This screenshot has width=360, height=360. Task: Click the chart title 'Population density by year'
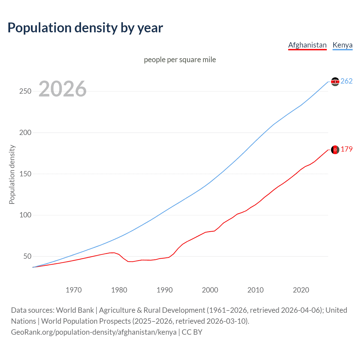(x=85, y=28)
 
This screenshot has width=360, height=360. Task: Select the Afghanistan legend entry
(x=307, y=45)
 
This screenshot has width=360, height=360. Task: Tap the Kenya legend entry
(x=342, y=45)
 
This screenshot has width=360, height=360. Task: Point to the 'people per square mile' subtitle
(x=180, y=60)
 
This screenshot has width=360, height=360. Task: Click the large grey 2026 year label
(x=62, y=89)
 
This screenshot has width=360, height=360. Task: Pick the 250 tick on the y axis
(x=25, y=91)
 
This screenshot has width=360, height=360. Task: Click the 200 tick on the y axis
(x=25, y=132)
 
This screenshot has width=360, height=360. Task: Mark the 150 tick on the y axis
(x=25, y=174)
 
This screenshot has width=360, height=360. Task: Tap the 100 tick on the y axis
(x=25, y=215)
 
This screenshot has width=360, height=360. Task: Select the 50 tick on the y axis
(x=27, y=256)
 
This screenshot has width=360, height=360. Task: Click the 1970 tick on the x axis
(x=74, y=290)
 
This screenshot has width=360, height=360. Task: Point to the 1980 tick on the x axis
(x=119, y=290)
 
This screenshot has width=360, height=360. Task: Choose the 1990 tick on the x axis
(x=165, y=290)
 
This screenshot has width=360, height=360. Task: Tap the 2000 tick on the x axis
(x=210, y=290)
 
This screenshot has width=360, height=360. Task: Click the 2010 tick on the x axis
(x=255, y=290)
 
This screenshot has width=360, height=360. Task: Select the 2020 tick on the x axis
(x=301, y=290)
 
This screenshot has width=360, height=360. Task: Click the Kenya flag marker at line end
(x=335, y=82)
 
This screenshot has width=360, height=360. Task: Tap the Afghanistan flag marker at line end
(x=335, y=150)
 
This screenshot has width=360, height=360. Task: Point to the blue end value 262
(x=346, y=81)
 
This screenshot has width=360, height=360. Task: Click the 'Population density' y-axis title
(x=12, y=174)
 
